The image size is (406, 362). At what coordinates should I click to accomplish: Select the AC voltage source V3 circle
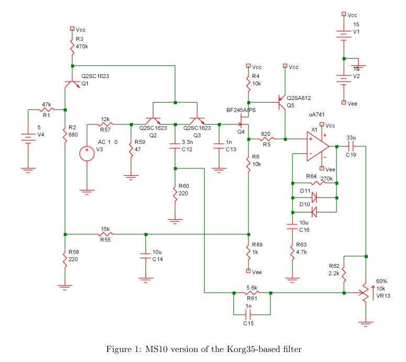tap(87, 153)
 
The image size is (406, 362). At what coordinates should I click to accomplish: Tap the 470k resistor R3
tap(73, 47)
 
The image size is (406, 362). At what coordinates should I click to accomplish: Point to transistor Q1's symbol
tap(72, 83)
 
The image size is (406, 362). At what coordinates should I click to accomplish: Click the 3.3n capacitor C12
tap(175, 146)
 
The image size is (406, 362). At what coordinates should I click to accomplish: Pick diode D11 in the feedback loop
tap(314, 198)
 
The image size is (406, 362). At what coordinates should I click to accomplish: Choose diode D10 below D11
tap(314, 212)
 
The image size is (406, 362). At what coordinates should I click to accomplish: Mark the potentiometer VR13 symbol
tap(366, 293)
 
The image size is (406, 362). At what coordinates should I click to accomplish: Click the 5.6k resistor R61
tap(252, 293)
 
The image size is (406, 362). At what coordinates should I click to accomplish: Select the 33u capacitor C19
tap(352, 146)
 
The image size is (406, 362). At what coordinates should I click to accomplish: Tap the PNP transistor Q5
tap(281, 103)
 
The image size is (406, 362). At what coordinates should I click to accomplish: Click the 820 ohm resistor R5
tap(267, 139)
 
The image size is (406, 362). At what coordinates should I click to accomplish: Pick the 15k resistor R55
tap(106, 234)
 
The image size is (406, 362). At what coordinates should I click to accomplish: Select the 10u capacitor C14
tap(146, 256)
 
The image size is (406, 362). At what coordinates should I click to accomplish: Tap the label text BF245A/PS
tap(241, 110)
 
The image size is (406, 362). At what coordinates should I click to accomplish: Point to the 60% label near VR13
tap(381, 281)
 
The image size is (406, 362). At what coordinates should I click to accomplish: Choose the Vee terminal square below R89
tap(249, 271)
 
